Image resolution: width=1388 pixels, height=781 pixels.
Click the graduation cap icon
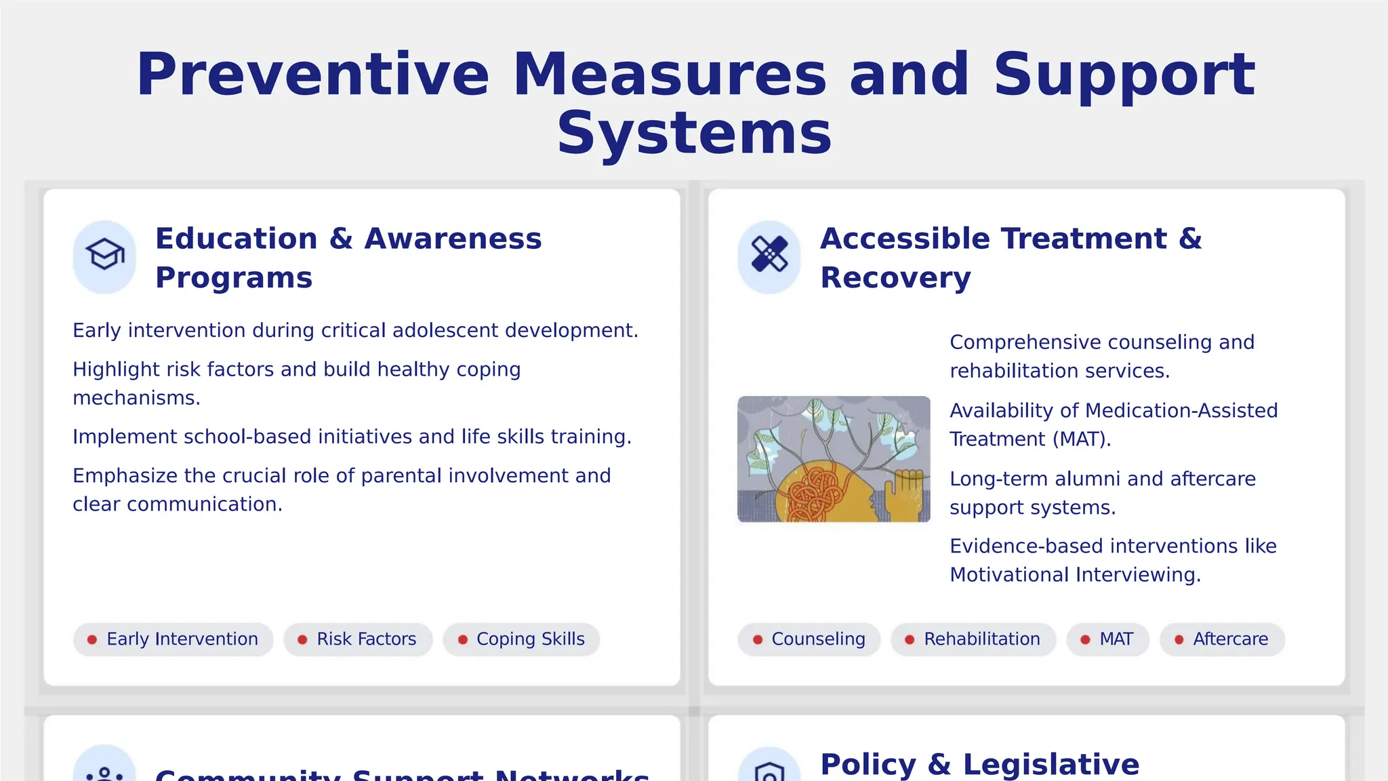tap(104, 256)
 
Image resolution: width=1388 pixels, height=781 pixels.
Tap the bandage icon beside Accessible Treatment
tap(769, 256)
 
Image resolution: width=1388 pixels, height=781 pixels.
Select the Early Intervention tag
tap(173, 639)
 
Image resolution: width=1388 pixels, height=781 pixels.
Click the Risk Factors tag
tap(358, 639)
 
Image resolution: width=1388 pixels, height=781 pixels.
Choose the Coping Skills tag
tap(521, 639)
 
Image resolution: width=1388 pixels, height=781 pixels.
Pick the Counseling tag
tap(809, 639)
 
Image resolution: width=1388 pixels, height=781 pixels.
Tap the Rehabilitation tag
tap(973, 639)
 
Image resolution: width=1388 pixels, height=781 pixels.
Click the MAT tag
tap(1108, 639)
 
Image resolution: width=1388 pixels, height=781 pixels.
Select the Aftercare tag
tap(1222, 639)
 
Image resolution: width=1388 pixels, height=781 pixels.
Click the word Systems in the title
tap(694, 134)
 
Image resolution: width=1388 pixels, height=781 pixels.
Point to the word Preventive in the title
tap(312, 75)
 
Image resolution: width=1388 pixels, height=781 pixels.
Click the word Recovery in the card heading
tap(895, 278)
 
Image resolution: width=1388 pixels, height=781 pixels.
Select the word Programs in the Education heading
tap(234, 278)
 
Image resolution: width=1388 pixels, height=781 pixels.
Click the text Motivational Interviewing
tap(1075, 575)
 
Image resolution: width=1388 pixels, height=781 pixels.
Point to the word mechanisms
tap(136, 398)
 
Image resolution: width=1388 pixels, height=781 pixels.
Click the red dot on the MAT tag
tap(1085, 639)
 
